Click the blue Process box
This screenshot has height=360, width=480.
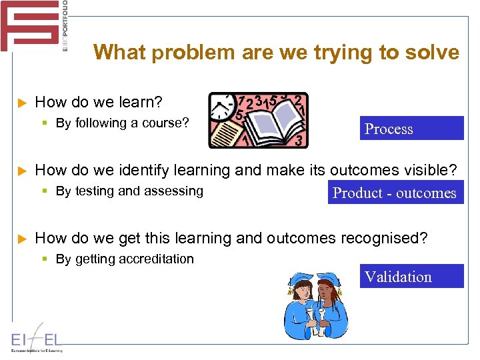411,128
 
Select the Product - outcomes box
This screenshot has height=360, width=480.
395,193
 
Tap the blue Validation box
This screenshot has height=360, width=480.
411,276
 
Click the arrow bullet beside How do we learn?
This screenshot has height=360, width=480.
21,103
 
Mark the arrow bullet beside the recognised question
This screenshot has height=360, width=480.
21,239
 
